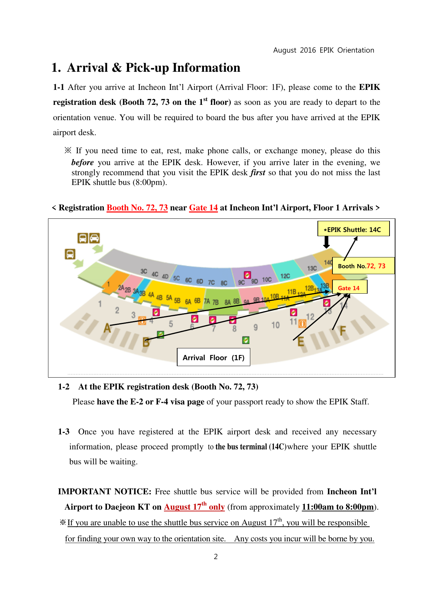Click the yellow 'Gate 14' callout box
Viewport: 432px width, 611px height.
click(349, 287)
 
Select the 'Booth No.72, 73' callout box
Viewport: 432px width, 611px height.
click(363, 266)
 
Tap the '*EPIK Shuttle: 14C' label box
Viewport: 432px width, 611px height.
click(353, 229)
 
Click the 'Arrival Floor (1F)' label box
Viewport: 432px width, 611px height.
click(213, 357)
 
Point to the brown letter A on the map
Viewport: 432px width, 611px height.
click(107, 328)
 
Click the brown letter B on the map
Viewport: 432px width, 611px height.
click(146, 342)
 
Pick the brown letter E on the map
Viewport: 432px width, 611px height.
click(301, 342)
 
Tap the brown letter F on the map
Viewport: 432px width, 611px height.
click(343, 331)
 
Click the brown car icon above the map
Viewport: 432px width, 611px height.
click(95, 238)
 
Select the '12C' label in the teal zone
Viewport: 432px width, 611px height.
click(285, 276)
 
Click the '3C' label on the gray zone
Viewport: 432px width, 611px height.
click(144, 271)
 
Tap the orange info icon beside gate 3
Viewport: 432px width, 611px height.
click(142, 320)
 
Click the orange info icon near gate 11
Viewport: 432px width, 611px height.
click(302, 324)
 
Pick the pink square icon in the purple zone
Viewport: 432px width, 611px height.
click(248, 275)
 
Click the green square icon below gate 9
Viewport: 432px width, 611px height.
click(246, 340)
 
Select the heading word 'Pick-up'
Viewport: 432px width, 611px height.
click(148, 68)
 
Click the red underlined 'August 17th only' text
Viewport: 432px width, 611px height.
click(194, 507)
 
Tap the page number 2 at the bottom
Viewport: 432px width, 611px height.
click(216, 557)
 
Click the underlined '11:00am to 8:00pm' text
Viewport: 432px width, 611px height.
click(338, 507)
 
